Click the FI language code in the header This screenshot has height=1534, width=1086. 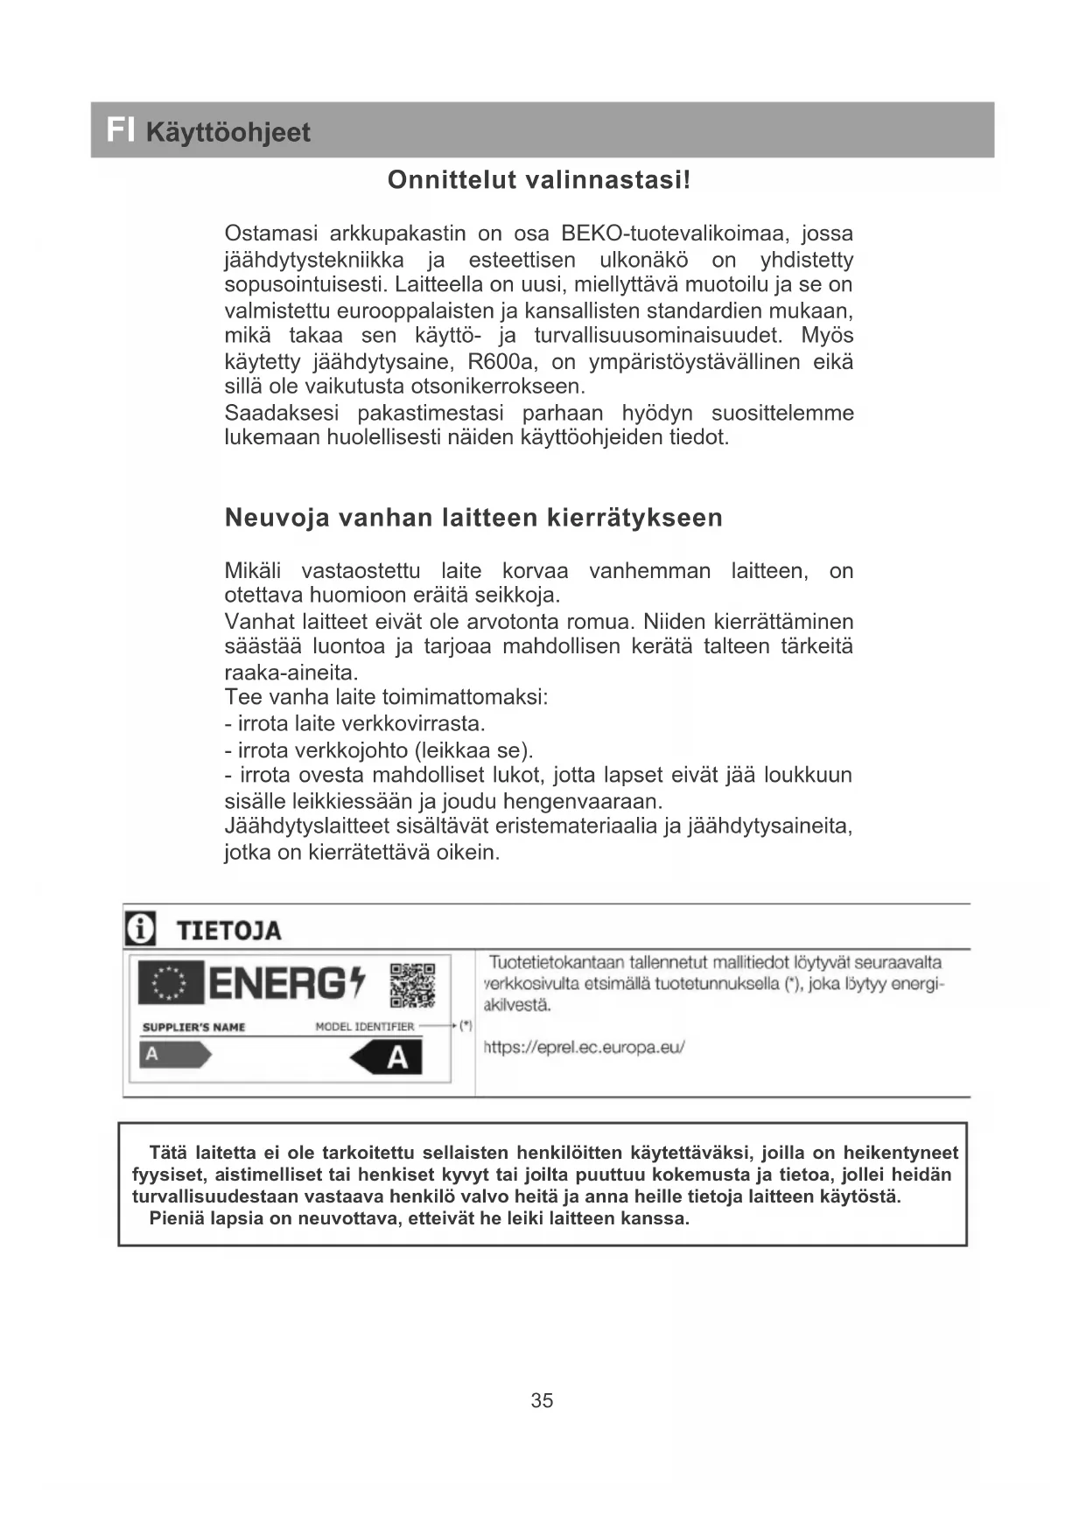tap(120, 130)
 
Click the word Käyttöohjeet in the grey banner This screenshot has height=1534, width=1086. tap(228, 133)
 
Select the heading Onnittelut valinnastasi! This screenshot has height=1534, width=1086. tap(539, 180)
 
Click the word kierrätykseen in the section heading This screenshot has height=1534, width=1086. tap(634, 518)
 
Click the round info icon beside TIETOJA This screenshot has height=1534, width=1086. tap(140, 929)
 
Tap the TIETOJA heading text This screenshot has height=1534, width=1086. tap(229, 931)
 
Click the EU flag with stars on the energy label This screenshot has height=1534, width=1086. tap(171, 983)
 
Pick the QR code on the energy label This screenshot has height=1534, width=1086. tap(412, 985)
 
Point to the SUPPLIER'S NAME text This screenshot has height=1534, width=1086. tap(193, 1027)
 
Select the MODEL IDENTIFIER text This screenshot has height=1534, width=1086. tap(364, 1027)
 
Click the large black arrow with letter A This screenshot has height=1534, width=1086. tap(387, 1058)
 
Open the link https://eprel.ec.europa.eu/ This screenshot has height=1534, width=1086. tap(584, 1047)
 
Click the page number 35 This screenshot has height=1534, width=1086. tap(542, 1400)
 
